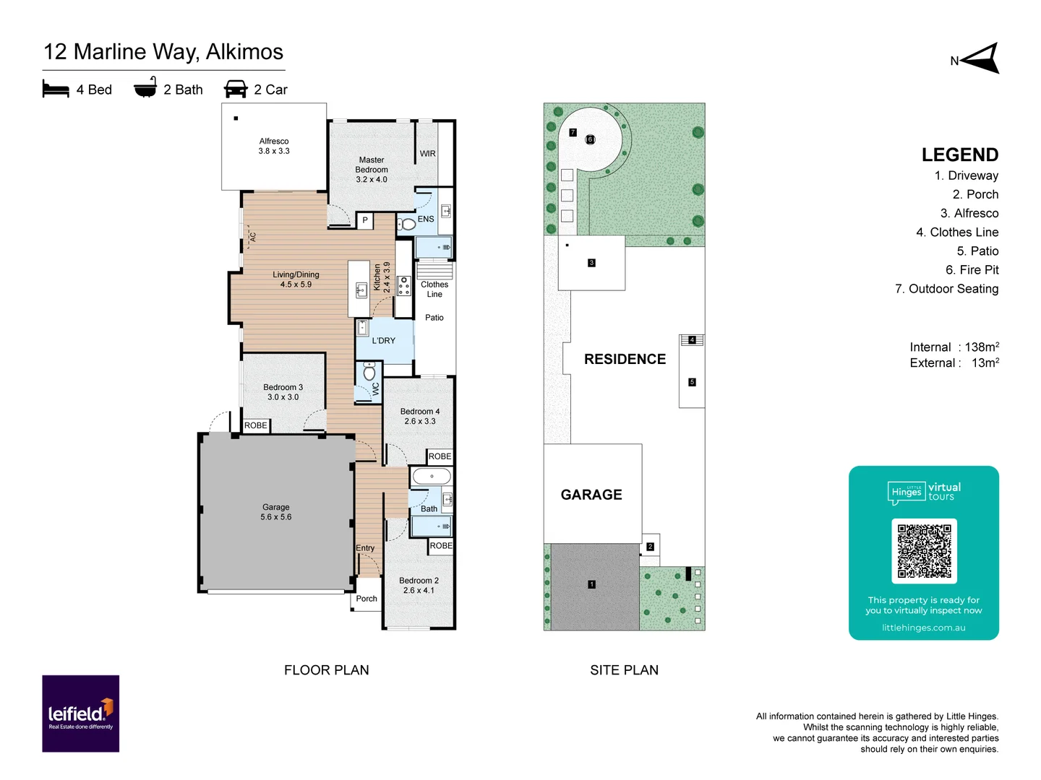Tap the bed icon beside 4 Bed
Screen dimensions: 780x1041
56,89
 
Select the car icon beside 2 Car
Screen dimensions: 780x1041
236,89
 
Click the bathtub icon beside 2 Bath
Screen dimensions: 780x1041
145,87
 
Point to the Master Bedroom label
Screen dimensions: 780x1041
372,170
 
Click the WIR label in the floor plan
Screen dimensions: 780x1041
427,154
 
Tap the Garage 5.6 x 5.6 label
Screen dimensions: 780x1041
275,512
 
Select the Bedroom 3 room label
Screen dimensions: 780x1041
283,392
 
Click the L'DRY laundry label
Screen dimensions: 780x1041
383,341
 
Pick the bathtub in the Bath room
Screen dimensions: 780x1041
432,477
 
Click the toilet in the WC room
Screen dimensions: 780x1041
369,373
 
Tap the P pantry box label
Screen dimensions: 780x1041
365,220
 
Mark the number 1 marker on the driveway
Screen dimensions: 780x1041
591,584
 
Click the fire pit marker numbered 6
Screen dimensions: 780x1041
590,139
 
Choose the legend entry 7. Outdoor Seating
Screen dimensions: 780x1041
946,289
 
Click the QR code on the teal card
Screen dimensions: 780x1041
924,550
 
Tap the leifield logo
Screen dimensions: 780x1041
80,714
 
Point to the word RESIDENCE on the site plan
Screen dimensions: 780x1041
625,359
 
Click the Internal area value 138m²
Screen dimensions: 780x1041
981,347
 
